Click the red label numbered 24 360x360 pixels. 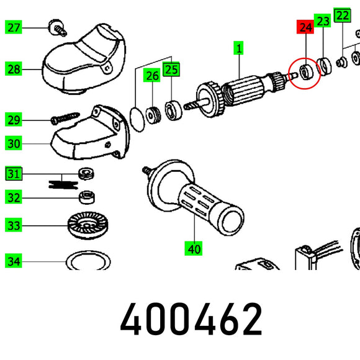pos(305,27)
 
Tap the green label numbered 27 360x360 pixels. pos(13,27)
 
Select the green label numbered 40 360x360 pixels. pos(193,248)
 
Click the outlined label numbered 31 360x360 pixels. pos(14,174)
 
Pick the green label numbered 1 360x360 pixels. pos(238,48)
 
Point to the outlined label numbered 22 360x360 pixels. pos(343,16)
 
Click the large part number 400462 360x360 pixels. pos(191,318)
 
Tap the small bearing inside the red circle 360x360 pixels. pos(307,72)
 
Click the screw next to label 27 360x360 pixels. pos(57,27)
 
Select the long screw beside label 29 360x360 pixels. pos(65,118)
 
